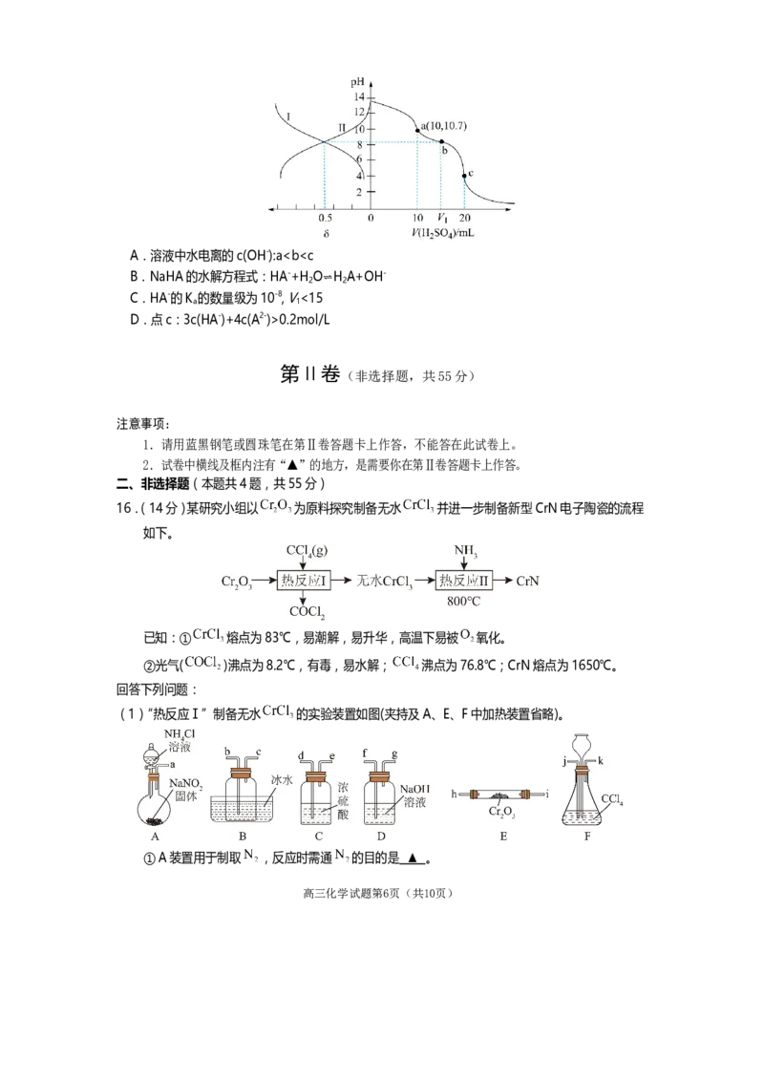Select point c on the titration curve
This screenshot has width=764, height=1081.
[x=464, y=176]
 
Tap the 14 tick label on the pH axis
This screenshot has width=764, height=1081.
[x=359, y=97]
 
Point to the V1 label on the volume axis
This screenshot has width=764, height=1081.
[x=440, y=218]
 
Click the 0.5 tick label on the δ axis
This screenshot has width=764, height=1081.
[x=325, y=218]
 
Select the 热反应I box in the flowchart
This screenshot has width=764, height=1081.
[x=304, y=580]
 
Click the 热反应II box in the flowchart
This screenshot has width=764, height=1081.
[x=463, y=580]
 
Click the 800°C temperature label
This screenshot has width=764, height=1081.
[x=463, y=604]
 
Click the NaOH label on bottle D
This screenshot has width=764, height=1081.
[x=415, y=790]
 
